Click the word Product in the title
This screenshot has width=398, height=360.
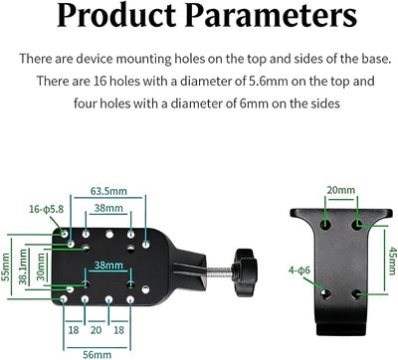(116, 15)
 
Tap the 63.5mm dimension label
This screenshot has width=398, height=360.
(108, 191)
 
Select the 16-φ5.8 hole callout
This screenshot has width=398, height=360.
(46, 209)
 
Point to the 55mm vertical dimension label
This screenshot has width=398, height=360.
(5, 267)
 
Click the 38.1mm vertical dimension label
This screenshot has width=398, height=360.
(23, 267)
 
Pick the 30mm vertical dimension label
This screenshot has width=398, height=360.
(41, 267)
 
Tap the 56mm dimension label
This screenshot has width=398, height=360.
(97, 355)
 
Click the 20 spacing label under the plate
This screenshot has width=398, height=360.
(96, 330)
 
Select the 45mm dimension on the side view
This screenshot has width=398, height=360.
(393, 261)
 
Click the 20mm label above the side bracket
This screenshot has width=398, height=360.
(341, 190)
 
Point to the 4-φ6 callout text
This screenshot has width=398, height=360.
(299, 270)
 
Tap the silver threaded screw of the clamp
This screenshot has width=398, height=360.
(220, 271)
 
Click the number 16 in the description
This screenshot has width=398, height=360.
(99, 82)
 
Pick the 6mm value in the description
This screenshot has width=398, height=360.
(254, 103)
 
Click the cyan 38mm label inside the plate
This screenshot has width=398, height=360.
(108, 266)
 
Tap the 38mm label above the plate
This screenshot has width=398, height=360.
(108, 208)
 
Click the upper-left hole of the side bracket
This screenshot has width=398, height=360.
(326, 225)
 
